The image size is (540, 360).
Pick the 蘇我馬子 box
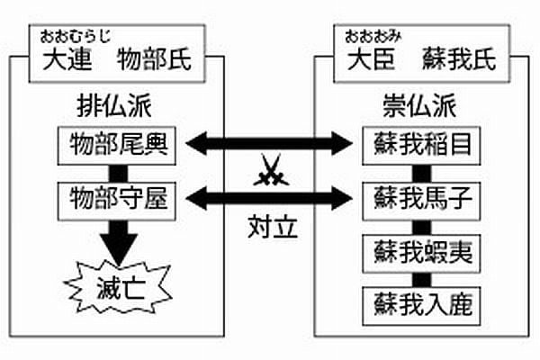point(417,196)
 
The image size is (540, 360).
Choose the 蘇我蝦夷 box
point(417,249)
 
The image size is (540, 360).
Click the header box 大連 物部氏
point(116,60)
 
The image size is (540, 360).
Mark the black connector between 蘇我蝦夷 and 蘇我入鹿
point(417,275)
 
